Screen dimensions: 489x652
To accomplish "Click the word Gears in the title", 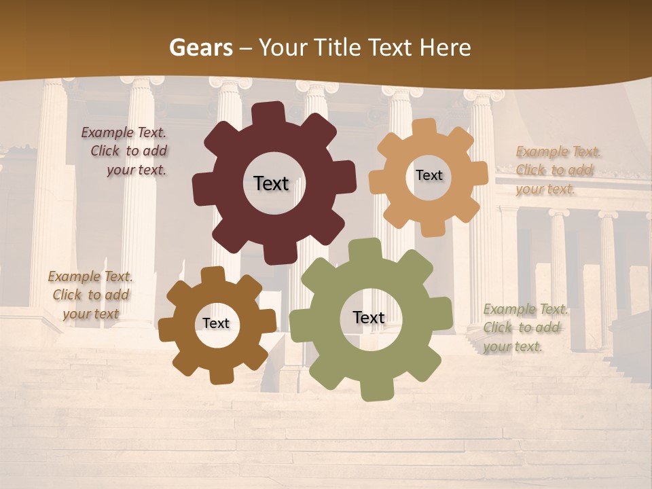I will pos(200,48).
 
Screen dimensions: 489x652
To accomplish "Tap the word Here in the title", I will pos(446,48).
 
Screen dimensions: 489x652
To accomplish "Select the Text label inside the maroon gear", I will pos(271,183).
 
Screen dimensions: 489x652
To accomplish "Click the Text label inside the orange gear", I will pos(429,175).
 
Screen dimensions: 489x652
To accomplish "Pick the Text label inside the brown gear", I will pos(216,323).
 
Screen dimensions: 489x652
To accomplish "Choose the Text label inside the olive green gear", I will pos(369,317).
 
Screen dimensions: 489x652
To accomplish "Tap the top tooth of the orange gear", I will pos(425,128).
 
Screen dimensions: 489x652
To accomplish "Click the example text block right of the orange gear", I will pos(557,170).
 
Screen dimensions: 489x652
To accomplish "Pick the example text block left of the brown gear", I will pos(90,295).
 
